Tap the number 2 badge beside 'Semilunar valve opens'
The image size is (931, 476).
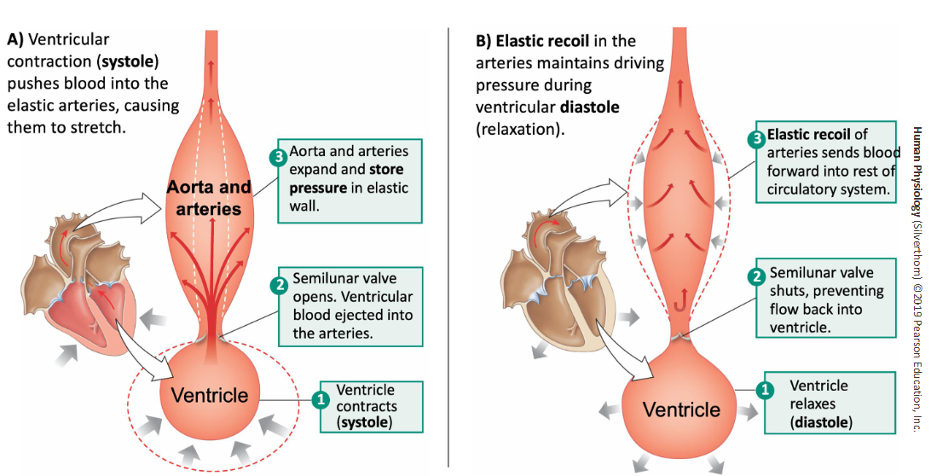click(x=279, y=285)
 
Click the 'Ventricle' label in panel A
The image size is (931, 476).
click(x=210, y=395)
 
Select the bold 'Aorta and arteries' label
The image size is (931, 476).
click(x=209, y=197)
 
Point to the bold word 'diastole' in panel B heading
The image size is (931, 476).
click(x=589, y=107)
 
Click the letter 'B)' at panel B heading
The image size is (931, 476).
click(x=483, y=40)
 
